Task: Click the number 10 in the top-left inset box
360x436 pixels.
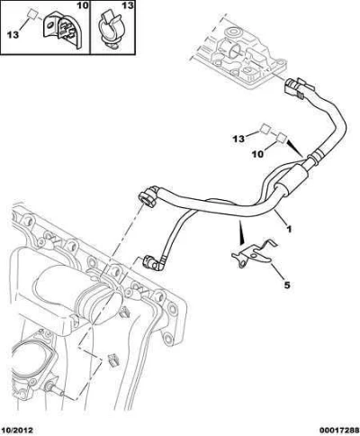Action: (83, 5)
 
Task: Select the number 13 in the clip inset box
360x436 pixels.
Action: (128, 5)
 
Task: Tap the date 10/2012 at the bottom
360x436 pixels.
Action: (17, 431)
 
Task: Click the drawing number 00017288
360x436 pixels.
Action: (338, 431)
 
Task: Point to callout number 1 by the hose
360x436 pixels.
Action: (289, 229)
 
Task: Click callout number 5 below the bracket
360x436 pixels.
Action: (287, 285)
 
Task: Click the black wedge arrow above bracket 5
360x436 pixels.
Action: (241, 232)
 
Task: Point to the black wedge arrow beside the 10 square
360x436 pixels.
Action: (294, 148)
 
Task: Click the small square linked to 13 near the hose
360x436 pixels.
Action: (265, 129)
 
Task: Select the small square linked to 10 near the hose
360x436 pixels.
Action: (282, 137)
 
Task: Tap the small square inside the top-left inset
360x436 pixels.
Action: (32, 14)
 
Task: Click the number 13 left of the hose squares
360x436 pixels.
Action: (238, 139)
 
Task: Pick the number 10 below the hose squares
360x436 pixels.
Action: (257, 154)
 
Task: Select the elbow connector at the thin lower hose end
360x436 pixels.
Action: (153, 263)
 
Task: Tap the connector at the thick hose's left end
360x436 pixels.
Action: (149, 196)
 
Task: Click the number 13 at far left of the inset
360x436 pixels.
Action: (13, 35)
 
